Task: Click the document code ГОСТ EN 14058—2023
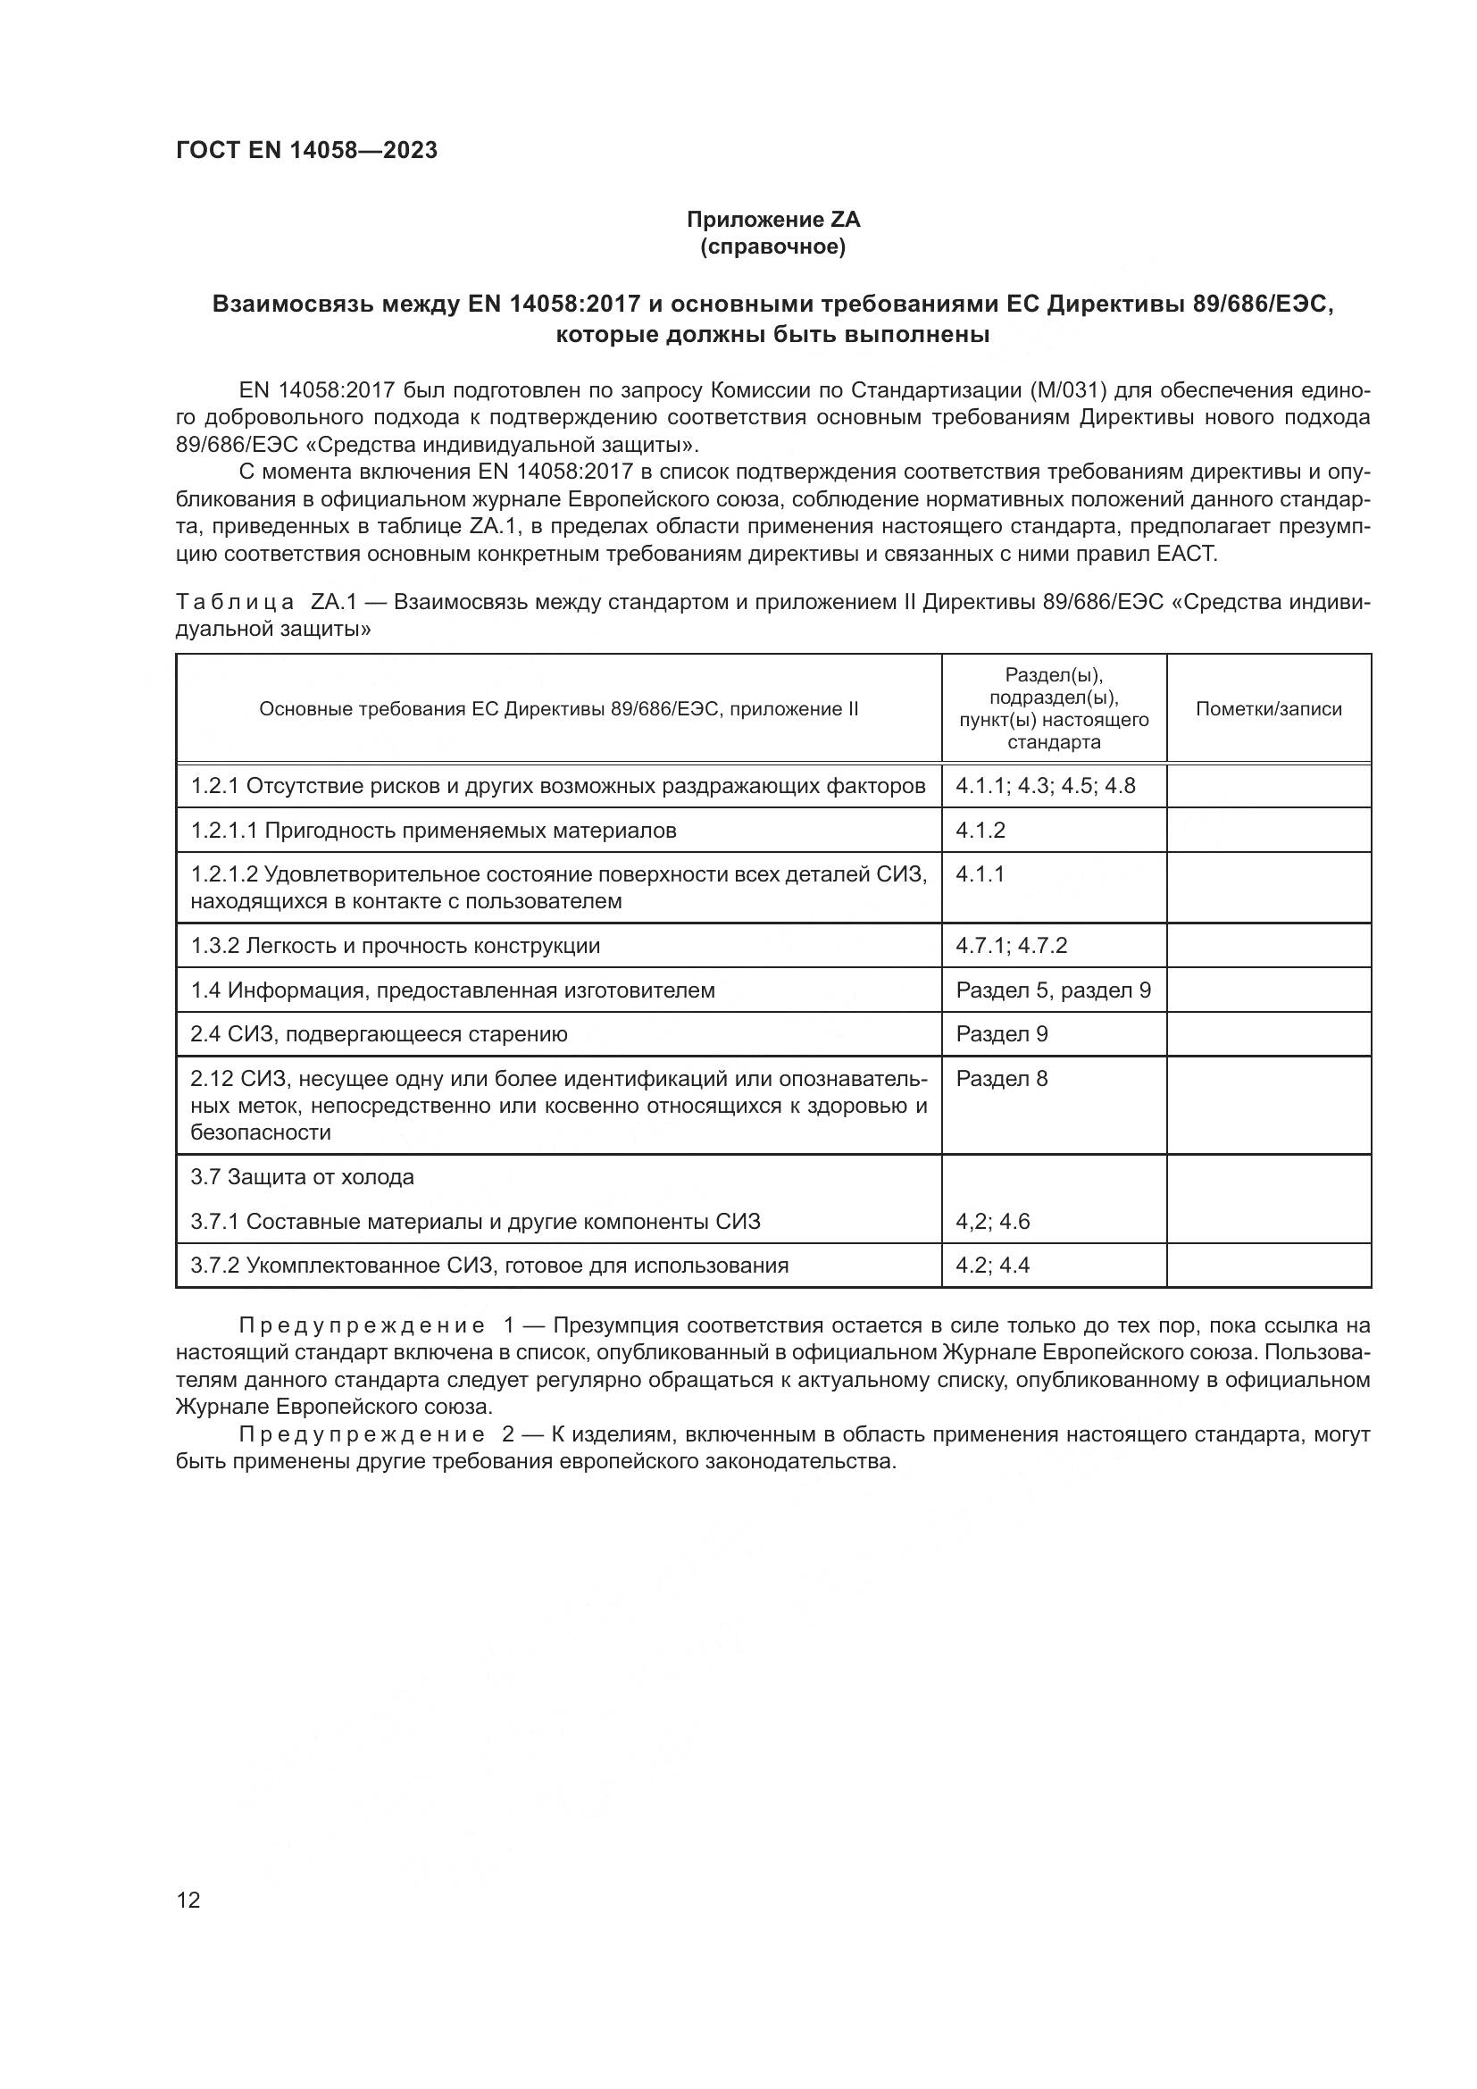coord(306,150)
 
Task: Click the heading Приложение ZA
coord(772,220)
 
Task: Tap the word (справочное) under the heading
coord(772,247)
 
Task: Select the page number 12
coord(188,1900)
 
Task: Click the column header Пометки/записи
coord(1268,709)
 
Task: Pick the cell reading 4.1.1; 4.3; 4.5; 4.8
coord(1045,785)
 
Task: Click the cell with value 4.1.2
coord(980,830)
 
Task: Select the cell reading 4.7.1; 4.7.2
coord(1012,945)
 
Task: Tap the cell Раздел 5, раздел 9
coord(1053,990)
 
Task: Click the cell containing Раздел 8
coord(1001,1079)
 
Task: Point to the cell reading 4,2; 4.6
coord(992,1221)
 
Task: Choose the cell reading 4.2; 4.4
coord(992,1266)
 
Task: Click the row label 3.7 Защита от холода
coord(302,1177)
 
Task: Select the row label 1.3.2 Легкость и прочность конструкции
coord(396,945)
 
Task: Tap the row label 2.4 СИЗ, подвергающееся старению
coord(379,1034)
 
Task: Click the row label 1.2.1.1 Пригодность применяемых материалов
coord(433,830)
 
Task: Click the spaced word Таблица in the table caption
coord(235,602)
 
